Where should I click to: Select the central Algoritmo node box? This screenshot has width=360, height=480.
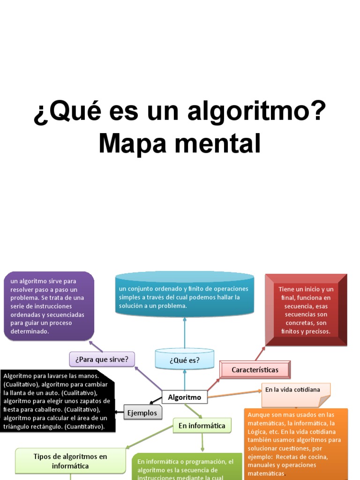point(184,397)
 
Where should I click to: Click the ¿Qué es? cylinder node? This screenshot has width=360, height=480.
point(184,360)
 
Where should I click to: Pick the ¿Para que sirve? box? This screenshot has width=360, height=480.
point(102,360)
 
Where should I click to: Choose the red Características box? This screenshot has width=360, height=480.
point(255,370)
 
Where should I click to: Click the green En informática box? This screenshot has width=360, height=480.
point(202,426)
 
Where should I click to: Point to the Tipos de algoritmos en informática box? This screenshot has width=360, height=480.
point(70,460)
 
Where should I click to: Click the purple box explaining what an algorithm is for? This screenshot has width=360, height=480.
point(49,306)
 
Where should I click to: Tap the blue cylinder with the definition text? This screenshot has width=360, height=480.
point(184,295)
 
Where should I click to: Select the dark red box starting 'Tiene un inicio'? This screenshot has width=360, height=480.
point(306,310)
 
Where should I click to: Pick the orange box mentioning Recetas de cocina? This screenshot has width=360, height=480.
point(296,443)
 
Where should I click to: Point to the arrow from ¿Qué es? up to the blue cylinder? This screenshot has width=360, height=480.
point(184,333)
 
